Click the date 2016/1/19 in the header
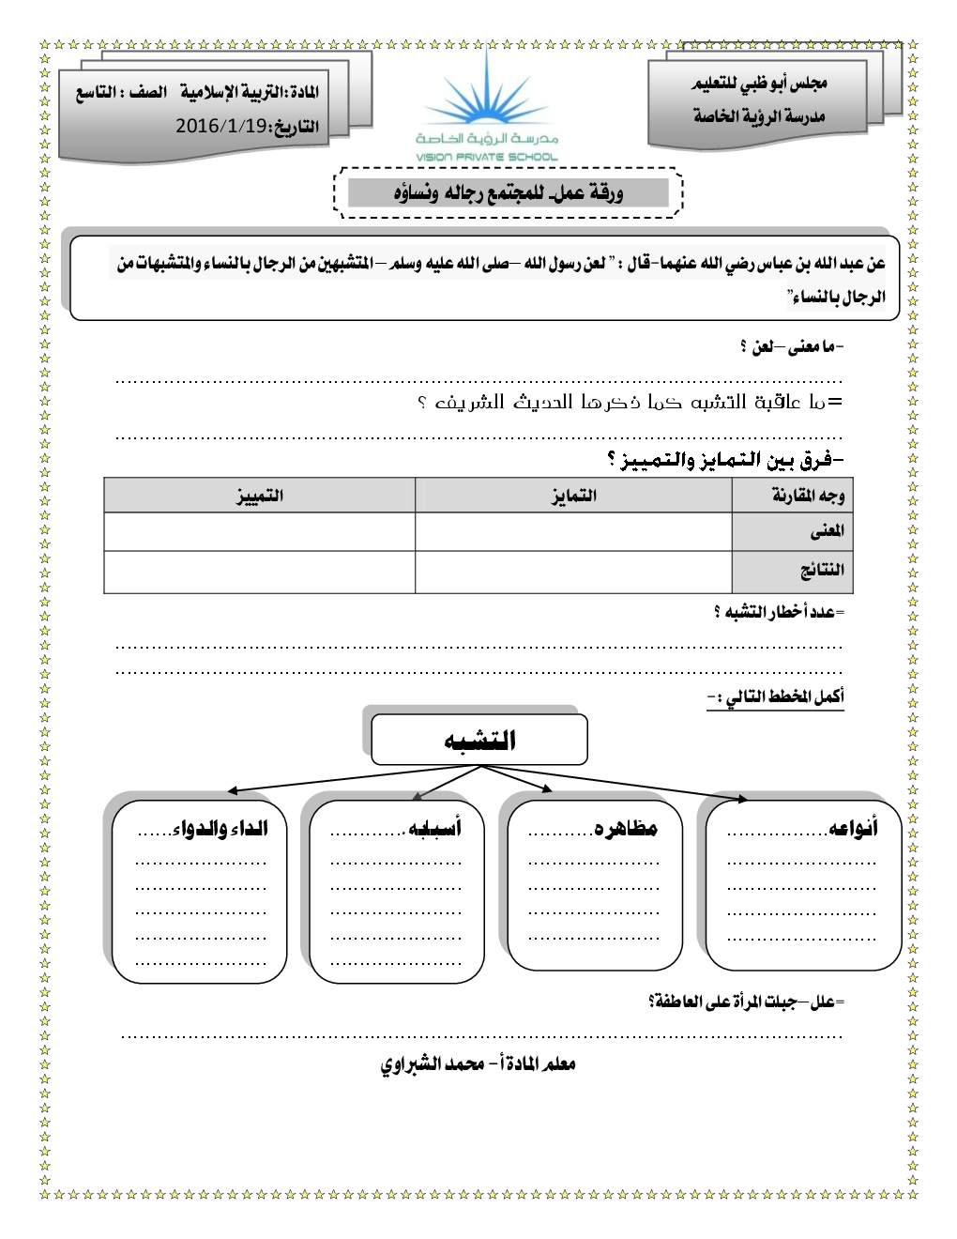click(222, 126)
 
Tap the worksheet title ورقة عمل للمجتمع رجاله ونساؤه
click(508, 193)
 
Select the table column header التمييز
click(260, 495)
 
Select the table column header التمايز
click(573, 495)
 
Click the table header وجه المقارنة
click(807, 495)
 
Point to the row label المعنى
click(827, 531)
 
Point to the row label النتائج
click(822, 570)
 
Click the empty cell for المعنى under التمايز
click(573, 531)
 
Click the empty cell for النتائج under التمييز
click(260, 572)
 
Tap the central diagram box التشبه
click(479, 740)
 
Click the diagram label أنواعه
click(853, 828)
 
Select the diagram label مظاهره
click(626, 828)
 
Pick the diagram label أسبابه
click(434, 828)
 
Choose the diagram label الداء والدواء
click(220, 828)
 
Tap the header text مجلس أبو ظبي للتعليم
click(759, 84)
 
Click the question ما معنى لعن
click(792, 347)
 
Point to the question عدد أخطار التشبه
click(778, 612)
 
